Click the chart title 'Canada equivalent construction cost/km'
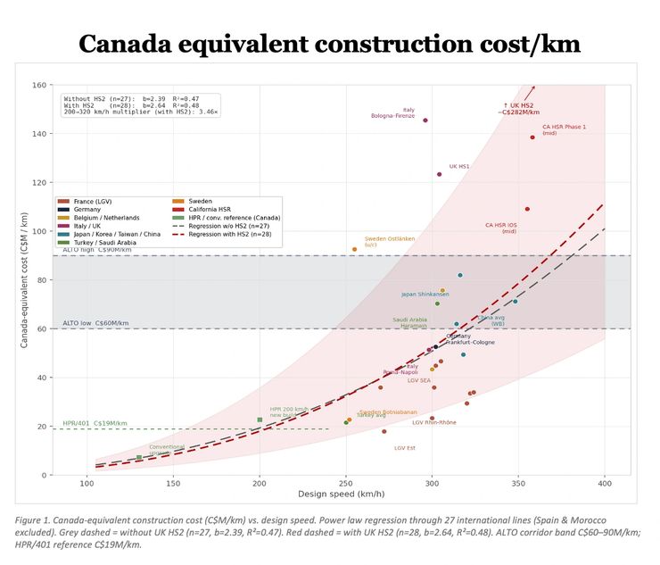coord(329,44)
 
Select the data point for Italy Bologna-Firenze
coord(425,120)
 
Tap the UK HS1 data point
coord(439,174)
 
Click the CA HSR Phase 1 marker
coord(532,137)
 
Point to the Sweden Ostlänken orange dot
coord(354,249)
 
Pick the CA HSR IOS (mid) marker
coord(527,209)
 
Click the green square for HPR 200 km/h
coord(260,420)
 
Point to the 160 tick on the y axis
coord(39,86)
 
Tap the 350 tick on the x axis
coord(519,484)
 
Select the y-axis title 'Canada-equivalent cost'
coord(26,280)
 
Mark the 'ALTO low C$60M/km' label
coord(95,323)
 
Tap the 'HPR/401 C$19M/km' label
coord(95,423)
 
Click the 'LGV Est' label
coord(405,448)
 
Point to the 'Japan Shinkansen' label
coord(425,294)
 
